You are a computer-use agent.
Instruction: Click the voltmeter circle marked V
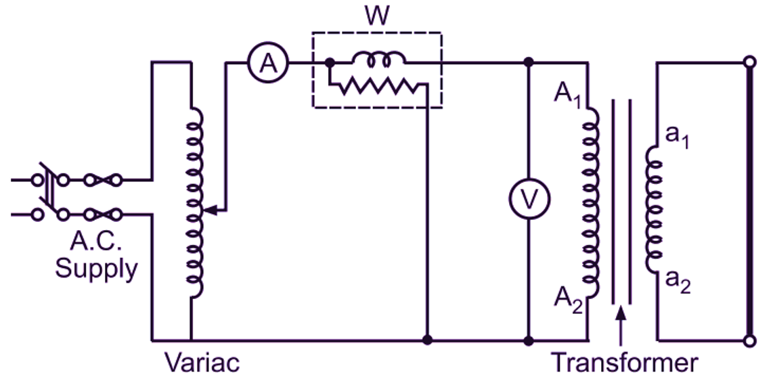pyautogui.click(x=529, y=199)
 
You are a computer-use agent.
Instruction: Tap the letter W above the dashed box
pyautogui.click(x=376, y=16)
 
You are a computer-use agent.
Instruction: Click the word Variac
pyautogui.click(x=202, y=363)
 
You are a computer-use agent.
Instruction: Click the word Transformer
pyautogui.click(x=623, y=363)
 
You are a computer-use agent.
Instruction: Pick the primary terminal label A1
pyautogui.click(x=567, y=94)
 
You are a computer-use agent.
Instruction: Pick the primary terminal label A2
pyautogui.click(x=567, y=298)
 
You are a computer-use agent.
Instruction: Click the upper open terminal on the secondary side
pyautogui.click(x=749, y=62)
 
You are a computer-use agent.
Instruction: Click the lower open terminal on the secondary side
pyautogui.click(x=749, y=340)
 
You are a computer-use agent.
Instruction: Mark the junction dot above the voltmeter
pyautogui.click(x=529, y=62)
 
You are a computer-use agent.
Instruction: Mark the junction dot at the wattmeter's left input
pyautogui.click(x=329, y=62)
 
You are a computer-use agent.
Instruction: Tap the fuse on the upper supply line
pyautogui.click(x=103, y=181)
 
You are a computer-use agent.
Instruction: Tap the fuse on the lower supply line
pyautogui.click(x=103, y=215)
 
